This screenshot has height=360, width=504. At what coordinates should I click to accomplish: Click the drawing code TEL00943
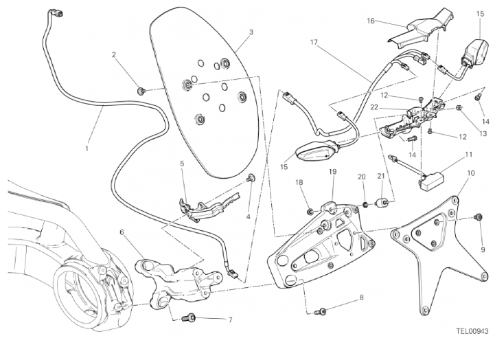click(472, 331)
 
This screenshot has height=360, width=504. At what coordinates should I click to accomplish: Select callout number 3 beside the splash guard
click(251, 32)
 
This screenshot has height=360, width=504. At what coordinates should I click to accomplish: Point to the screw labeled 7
click(190, 318)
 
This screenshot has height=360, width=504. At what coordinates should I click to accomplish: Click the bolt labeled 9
click(478, 218)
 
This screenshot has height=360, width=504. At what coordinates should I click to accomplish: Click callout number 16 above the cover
click(370, 21)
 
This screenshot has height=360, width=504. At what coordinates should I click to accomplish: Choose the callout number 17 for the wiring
click(314, 43)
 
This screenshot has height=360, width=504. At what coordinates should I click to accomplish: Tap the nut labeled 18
click(310, 209)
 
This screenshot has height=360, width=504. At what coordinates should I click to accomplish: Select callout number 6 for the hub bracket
click(122, 232)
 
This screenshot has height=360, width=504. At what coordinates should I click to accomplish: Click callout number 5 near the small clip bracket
click(182, 164)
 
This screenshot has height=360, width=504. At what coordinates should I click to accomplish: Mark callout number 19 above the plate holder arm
click(331, 172)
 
